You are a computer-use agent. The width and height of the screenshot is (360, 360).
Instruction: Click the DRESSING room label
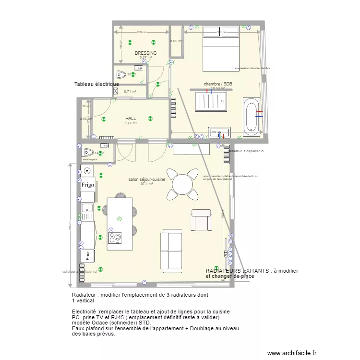[145, 53]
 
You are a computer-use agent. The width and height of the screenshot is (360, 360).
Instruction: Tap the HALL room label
[131, 118]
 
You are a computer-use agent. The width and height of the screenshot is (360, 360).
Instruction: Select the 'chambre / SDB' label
[218, 84]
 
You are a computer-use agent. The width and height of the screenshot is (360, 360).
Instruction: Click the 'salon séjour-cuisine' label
[147, 180]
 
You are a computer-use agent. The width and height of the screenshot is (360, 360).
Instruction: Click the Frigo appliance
[87, 185]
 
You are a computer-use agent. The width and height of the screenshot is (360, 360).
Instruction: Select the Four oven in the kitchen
[88, 256]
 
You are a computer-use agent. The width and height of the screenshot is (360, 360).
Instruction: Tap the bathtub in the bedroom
[252, 116]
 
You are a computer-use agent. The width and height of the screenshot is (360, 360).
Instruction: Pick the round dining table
[183, 184]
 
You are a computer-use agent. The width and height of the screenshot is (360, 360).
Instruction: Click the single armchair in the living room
[201, 220]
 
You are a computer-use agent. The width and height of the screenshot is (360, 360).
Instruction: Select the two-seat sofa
[171, 249]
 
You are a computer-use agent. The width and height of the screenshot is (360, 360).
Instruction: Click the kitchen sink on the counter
[87, 208]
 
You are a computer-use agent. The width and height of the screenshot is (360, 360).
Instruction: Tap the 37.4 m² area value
[147, 184]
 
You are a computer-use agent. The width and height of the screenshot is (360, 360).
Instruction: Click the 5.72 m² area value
[131, 123]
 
